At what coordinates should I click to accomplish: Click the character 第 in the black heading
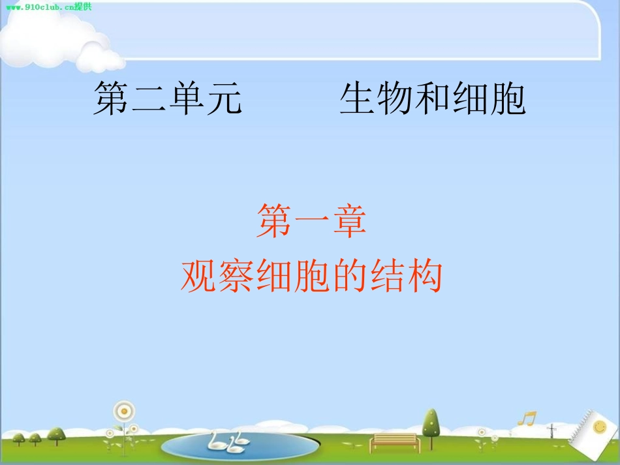(111, 99)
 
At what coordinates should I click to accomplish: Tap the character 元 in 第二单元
(223, 99)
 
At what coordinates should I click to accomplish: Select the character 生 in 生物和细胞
(358, 99)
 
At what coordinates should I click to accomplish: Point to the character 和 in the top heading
(432, 99)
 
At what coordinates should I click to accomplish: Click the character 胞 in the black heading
(507, 99)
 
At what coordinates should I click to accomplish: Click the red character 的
(347, 277)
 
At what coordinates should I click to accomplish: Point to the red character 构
(423, 277)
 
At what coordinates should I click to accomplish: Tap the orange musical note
(526, 418)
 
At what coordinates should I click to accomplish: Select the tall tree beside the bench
(429, 424)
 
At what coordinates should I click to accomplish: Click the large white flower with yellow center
(123, 411)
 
